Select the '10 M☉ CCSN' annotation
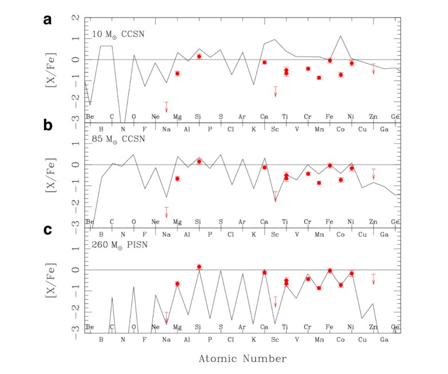[x=120, y=34]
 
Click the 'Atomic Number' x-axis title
[x=242, y=359]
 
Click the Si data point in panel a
[x=199, y=56]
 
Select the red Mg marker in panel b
[x=177, y=178]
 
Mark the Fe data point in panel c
[x=330, y=270]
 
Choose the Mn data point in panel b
[x=319, y=182]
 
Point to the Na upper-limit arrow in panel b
[x=166, y=212]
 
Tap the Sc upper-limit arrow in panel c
[x=276, y=301]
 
